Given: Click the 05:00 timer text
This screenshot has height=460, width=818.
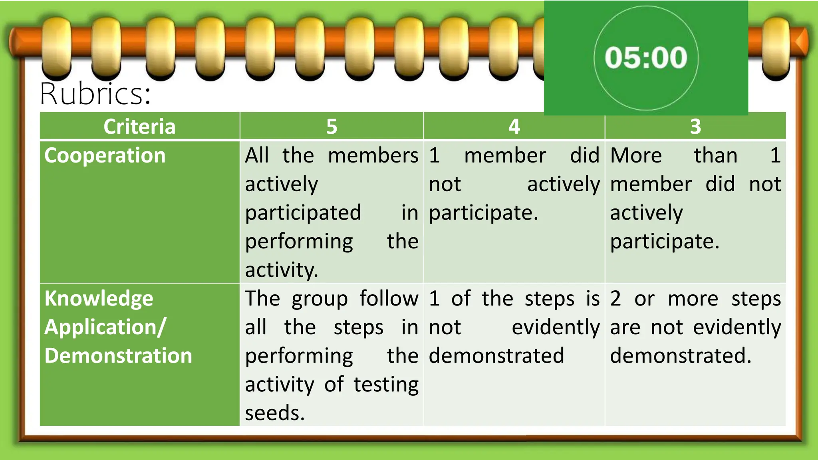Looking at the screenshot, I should (646, 57).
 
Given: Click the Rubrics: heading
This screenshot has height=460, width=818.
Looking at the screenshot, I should (95, 94).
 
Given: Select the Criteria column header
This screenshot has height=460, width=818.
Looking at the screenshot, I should (139, 127).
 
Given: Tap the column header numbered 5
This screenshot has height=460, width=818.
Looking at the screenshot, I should (332, 127).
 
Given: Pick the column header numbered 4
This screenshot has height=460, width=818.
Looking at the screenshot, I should (514, 127).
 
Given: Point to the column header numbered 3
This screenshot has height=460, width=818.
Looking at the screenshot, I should (695, 127).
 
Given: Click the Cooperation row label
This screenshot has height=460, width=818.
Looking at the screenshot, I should (105, 155).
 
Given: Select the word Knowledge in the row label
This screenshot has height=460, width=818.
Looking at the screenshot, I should (99, 299).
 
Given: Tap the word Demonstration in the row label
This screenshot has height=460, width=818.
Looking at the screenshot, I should (118, 356).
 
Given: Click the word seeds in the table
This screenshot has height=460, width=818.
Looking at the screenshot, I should (274, 413).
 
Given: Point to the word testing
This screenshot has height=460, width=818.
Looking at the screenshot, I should (386, 385).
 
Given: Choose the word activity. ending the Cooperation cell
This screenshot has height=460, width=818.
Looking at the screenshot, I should (282, 270).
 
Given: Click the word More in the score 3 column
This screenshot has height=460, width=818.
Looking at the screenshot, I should (636, 155).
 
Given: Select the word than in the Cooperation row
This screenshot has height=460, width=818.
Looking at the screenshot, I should (715, 155).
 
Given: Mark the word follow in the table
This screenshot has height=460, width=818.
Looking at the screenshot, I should (389, 299).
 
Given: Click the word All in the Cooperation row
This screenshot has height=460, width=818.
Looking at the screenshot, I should (257, 155).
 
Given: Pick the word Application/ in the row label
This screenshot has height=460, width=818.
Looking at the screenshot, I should (105, 327).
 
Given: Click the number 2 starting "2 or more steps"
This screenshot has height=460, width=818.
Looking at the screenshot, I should (615, 299).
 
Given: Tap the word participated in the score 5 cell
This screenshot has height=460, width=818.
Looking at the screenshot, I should (303, 213).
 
